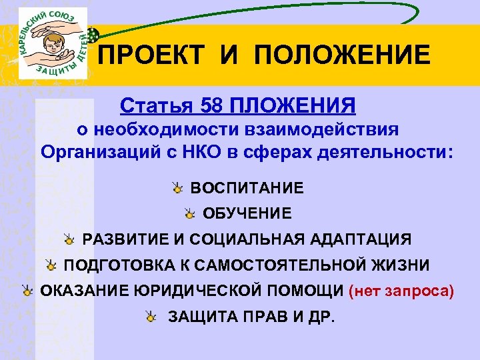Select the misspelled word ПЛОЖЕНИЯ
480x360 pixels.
click(x=293, y=106)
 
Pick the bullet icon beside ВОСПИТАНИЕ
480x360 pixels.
click(x=177, y=189)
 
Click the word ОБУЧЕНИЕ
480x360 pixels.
click(x=247, y=214)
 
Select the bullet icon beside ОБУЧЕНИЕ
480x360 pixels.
click(x=190, y=214)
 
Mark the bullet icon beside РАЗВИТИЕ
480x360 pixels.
click(x=69, y=239)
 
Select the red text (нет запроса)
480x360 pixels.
click(x=401, y=291)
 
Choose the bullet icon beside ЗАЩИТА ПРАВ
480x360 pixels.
click(x=153, y=316)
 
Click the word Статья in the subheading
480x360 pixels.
click(x=151, y=106)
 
